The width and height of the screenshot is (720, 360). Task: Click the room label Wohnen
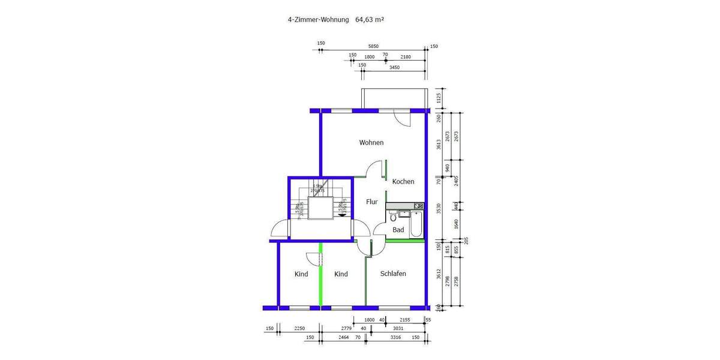(x=371, y=143)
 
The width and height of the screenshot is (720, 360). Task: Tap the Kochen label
(x=403, y=182)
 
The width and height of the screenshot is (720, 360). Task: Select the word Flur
(x=372, y=202)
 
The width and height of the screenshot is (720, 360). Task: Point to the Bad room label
(x=398, y=230)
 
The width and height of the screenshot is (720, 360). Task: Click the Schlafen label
(x=393, y=274)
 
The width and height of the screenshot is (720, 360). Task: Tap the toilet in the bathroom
(x=393, y=217)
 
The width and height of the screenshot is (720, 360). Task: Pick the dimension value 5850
(x=373, y=46)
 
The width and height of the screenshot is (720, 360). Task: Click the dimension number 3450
(x=394, y=67)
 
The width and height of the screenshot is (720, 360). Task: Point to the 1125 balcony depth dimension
(x=439, y=98)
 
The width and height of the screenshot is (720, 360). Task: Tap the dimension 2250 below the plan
(x=300, y=328)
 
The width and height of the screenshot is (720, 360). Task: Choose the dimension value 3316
(x=395, y=338)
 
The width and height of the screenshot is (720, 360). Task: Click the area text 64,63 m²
(x=370, y=19)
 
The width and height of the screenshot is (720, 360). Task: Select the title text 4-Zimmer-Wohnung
(x=318, y=19)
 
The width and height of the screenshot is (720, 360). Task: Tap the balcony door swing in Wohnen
(x=401, y=119)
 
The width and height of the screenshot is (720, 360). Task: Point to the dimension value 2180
(x=406, y=57)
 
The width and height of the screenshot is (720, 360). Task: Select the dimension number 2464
(x=344, y=338)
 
